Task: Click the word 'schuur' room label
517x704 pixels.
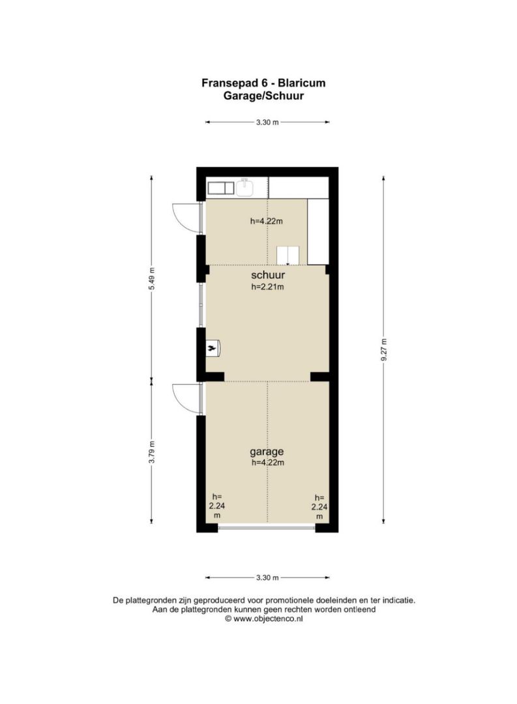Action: tap(267, 276)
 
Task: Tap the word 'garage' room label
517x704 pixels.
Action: tap(267, 451)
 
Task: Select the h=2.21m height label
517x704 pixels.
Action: tap(267, 287)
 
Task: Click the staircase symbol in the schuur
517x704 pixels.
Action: tap(288, 256)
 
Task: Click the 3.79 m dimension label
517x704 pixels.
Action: tap(152, 452)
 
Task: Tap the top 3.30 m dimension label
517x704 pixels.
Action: tap(267, 122)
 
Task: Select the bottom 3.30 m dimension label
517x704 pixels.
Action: tap(267, 578)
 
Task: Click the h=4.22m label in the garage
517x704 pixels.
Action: tap(267, 462)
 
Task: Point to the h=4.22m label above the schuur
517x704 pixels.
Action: tap(266, 221)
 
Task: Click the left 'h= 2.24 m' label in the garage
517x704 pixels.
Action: tap(216, 505)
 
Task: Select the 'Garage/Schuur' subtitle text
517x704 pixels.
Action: tap(263, 95)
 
